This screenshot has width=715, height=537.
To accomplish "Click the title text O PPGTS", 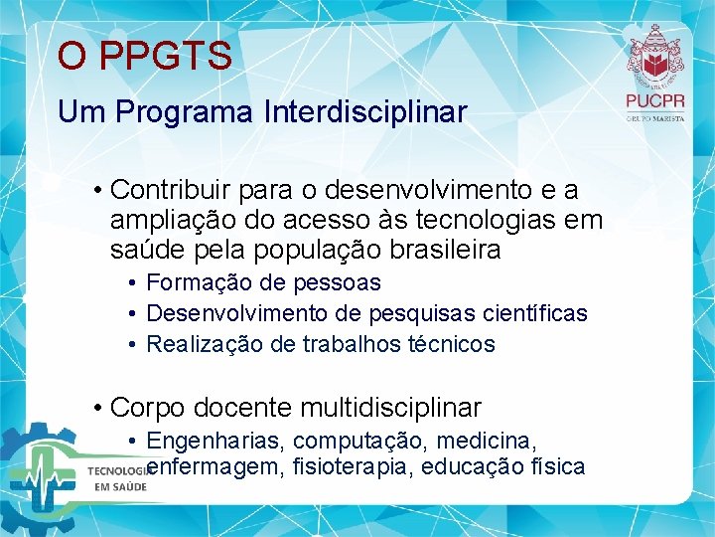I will tap(144, 56).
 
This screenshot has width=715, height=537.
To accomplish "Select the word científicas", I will tap(534, 314).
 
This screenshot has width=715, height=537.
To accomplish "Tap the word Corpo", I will tap(149, 408).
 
